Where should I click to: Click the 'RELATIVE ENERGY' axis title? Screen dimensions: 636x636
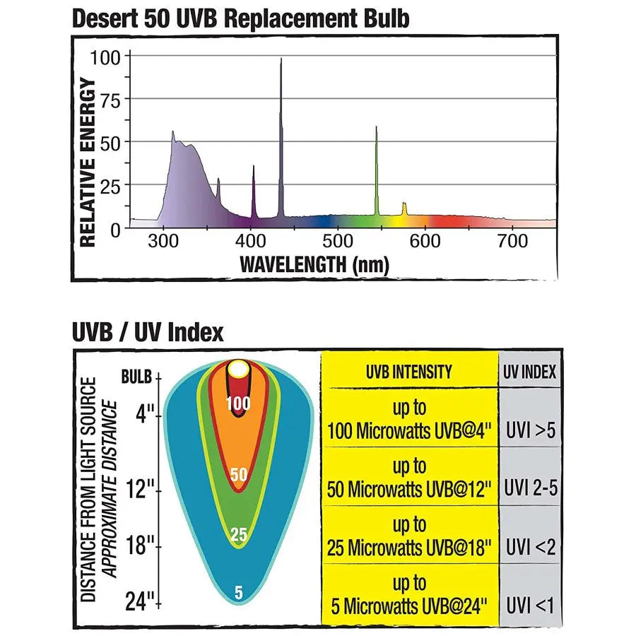(87, 162)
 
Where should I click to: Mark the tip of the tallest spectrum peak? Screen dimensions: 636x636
(281, 59)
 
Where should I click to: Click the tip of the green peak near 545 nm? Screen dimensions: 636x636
(376, 128)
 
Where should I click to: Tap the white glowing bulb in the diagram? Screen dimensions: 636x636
(239, 369)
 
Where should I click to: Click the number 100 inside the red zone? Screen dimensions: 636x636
(239, 404)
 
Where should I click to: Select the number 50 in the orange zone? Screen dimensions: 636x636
(239, 475)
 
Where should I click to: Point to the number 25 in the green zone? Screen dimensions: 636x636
(239, 535)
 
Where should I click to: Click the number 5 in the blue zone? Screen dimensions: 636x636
(239, 593)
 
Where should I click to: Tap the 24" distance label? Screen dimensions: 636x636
(140, 602)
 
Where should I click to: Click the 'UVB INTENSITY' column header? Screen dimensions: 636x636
(409, 372)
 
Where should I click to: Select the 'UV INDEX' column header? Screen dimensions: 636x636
(531, 372)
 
